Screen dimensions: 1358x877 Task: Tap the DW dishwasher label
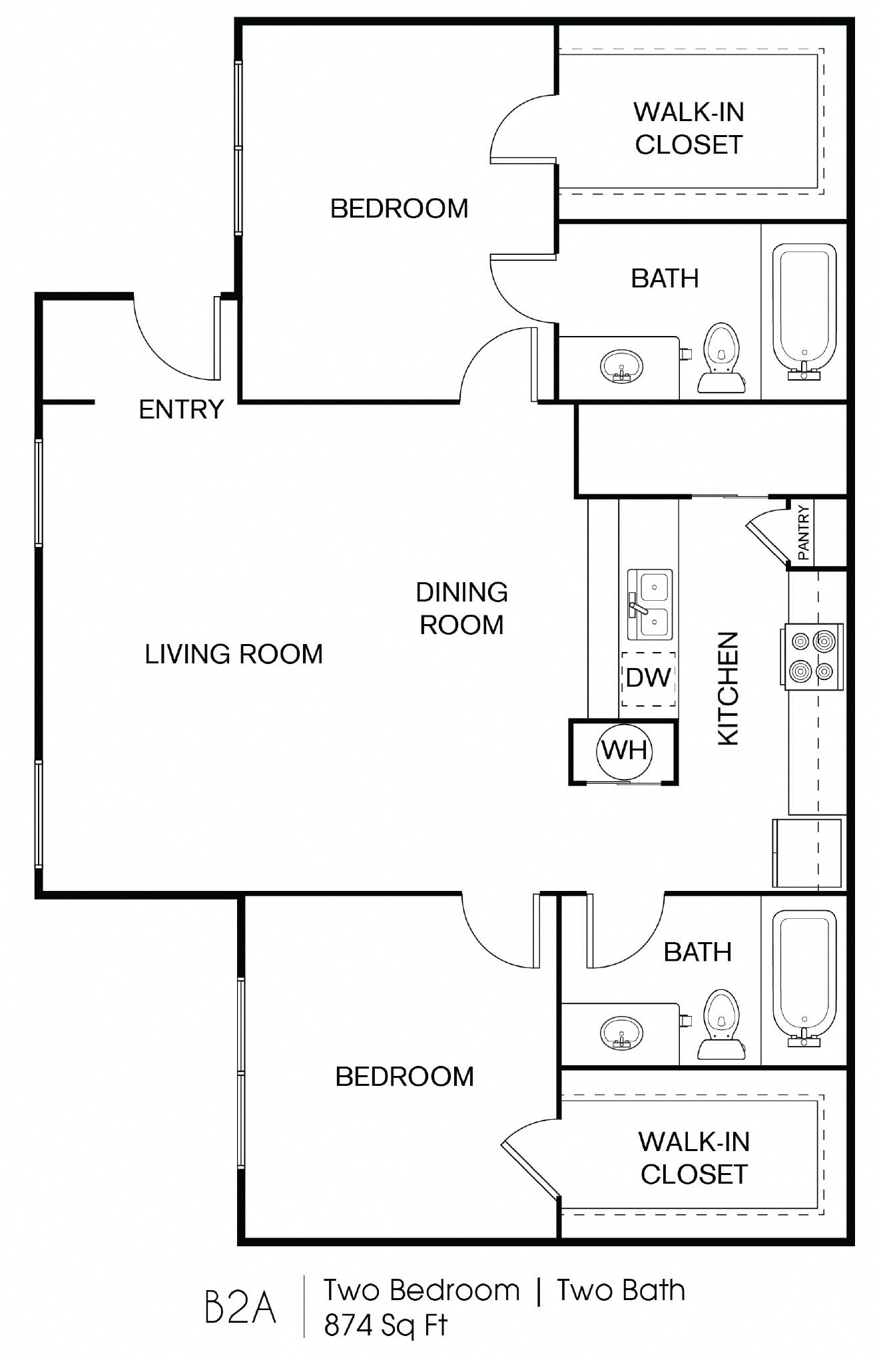tap(648, 678)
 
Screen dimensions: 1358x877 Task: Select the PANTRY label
tap(804, 532)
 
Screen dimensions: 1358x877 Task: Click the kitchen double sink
tap(650, 604)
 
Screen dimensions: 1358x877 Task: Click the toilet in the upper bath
tap(721, 358)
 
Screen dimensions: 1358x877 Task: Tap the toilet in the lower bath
tap(721, 1025)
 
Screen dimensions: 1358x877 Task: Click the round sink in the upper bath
tap(622, 367)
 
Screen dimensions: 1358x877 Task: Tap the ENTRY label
tap(181, 410)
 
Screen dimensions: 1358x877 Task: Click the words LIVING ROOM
tap(234, 655)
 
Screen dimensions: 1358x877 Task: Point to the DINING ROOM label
tap(461, 608)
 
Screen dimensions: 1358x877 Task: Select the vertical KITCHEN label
tap(728, 688)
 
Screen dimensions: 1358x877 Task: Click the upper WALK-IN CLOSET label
tap(689, 128)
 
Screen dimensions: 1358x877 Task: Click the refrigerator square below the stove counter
tap(806, 853)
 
